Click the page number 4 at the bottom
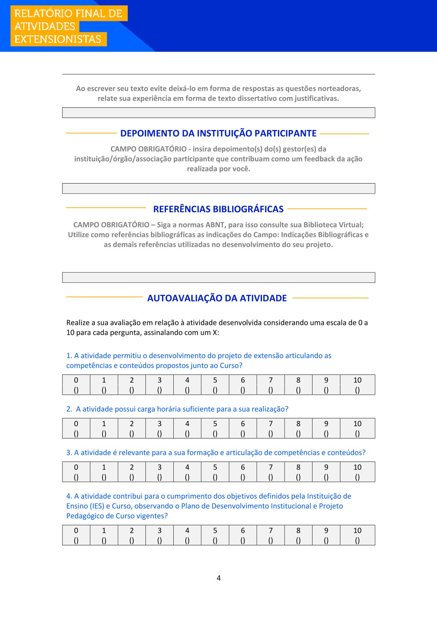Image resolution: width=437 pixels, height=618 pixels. (x=219, y=578)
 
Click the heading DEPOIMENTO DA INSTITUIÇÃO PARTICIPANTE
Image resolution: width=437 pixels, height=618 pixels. (x=218, y=133)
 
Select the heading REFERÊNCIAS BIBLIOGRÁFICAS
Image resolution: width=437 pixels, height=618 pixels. (x=218, y=209)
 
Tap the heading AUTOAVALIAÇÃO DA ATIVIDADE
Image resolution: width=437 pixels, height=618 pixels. (x=217, y=298)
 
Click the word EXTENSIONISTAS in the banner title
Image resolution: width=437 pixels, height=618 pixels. (x=58, y=39)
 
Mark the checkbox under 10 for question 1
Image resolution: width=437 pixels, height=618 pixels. (x=357, y=390)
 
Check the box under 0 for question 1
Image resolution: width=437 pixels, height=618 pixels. (x=76, y=390)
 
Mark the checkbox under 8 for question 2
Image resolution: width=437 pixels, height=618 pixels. (x=298, y=434)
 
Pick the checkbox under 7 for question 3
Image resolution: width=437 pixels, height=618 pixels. (x=271, y=477)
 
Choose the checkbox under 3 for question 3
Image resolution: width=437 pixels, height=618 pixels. (x=159, y=477)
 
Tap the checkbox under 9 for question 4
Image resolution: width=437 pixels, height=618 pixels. (x=326, y=540)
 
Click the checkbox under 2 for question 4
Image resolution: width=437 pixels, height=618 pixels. (x=132, y=540)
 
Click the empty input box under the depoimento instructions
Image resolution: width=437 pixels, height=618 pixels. (x=219, y=188)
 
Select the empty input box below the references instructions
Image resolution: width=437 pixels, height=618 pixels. (x=219, y=277)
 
